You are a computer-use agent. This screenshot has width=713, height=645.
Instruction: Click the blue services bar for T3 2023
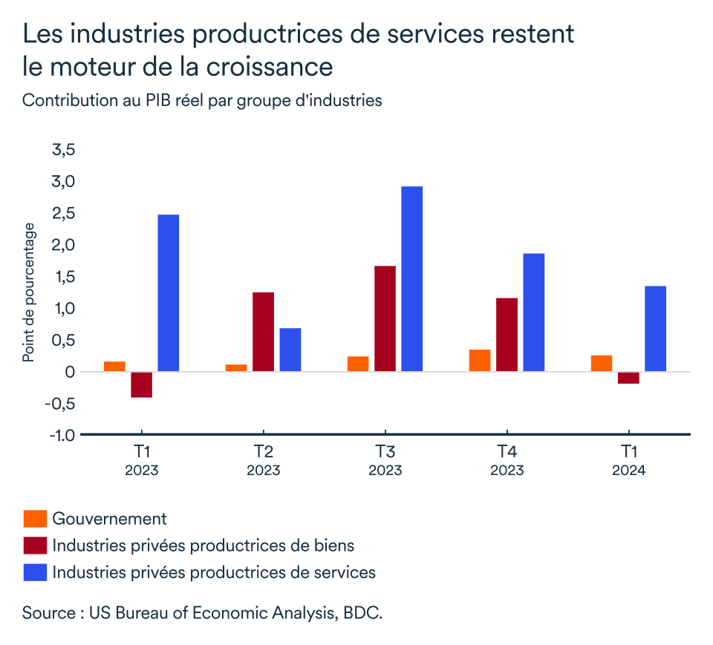pyautogui.click(x=412, y=278)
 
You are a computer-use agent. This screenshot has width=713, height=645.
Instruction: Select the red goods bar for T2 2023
pyautogui.click(x=264, y=332)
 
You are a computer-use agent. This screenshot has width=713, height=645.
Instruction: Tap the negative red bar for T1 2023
pyautogui.click(x=141, y=384)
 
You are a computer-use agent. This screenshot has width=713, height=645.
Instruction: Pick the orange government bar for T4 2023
pyautogui.click(x=480, y=360)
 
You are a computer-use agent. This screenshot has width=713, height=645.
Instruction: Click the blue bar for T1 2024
pyautogui.click(x=655, y=329)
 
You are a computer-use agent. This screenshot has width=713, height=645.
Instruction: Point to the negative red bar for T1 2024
pyautogui.click(x=628, y=378)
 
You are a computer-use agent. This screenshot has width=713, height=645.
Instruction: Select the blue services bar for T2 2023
pyautogui.click(x=290, y=350)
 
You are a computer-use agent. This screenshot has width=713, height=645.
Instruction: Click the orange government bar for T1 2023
pyautogui.click(x=114, y=366)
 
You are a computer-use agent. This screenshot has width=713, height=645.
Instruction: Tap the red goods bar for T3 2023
pyautogui.click(x=385, y=318)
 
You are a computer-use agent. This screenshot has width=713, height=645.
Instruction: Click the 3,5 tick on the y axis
pyautogui.click(x=63, y=150)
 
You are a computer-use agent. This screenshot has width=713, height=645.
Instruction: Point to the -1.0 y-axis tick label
pyautogui.click(x=62, y=435)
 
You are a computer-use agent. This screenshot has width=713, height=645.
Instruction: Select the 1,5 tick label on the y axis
pyautogui.click(x=63, y=277)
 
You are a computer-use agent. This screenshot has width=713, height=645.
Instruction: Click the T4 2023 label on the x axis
pyautogui.click(x=507, y=461)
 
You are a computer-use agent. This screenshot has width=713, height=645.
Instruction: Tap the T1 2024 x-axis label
pyautogui.click(x=628, y=461)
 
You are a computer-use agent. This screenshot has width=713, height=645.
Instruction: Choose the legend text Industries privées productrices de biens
pyautogui.click(x=203, y=546)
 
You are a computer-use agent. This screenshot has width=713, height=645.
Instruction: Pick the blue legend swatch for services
pyautogui.click(x=34, y=572)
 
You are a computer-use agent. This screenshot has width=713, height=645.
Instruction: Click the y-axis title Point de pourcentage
pyautogui.click(x=28, y=292)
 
